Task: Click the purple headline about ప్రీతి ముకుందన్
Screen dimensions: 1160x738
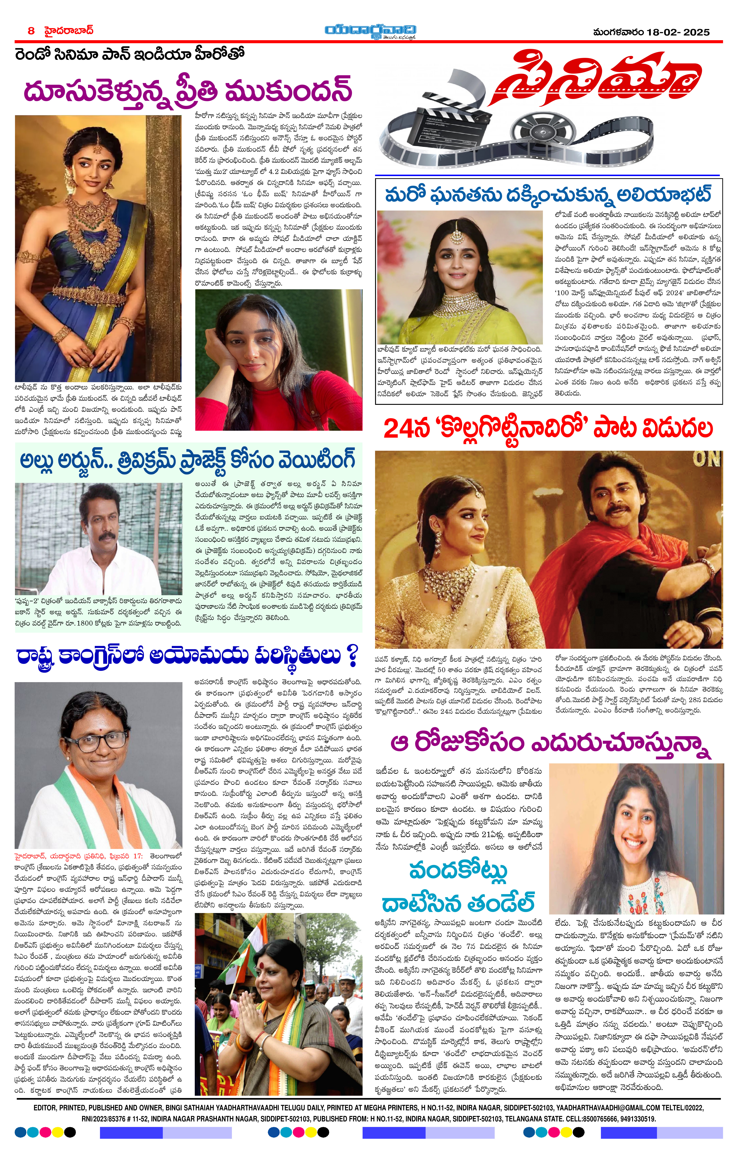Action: click(x=188, y=90)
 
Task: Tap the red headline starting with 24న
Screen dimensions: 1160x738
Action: click(x=548, y=428)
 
